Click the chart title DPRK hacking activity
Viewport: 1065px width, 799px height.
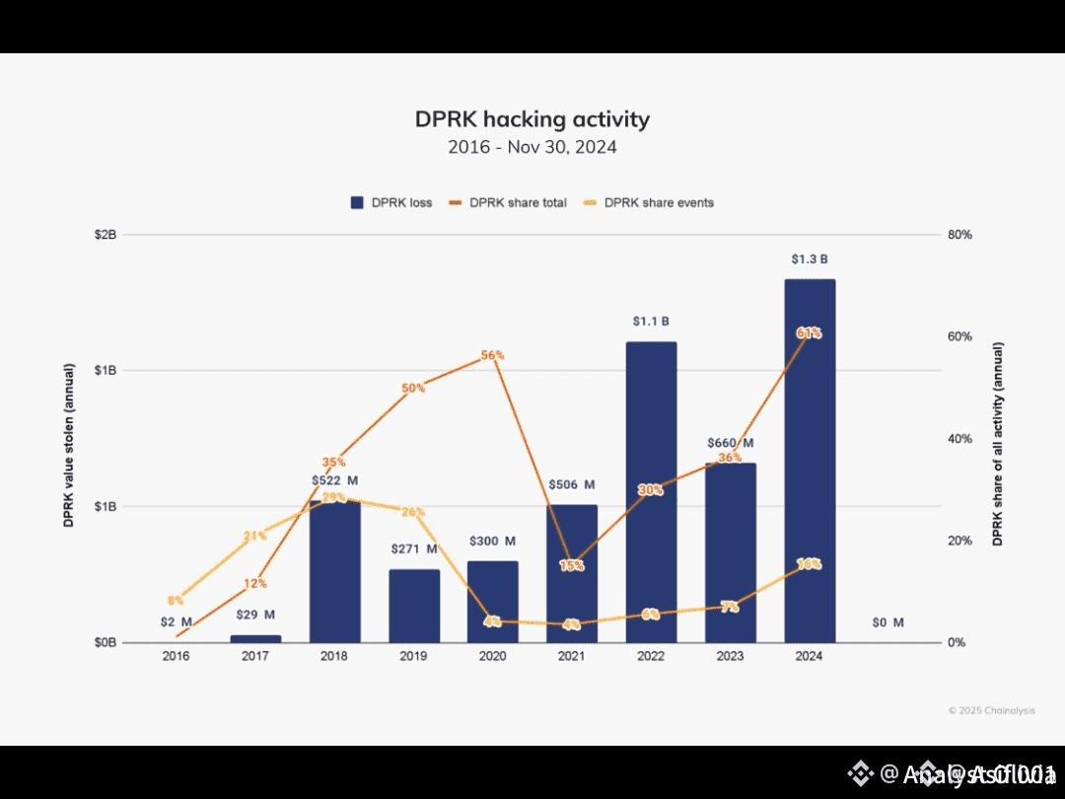pos(532,119)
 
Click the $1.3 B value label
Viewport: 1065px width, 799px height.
pos(810,259)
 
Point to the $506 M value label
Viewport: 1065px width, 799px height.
pos(572,484)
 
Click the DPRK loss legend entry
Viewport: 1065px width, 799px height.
pos(391,203)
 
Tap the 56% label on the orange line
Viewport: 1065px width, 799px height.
pos(493,355)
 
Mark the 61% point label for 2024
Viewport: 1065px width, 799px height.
pos(809,333)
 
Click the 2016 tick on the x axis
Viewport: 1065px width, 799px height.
pos(177,656)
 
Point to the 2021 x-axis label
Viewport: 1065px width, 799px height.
pos(572,656)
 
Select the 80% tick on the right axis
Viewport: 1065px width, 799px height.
pos(959,235)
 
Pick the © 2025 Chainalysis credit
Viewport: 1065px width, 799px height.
pos(991,710)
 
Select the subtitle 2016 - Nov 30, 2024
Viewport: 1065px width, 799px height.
pos(532,147)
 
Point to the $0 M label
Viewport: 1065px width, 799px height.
pos(887,622)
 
